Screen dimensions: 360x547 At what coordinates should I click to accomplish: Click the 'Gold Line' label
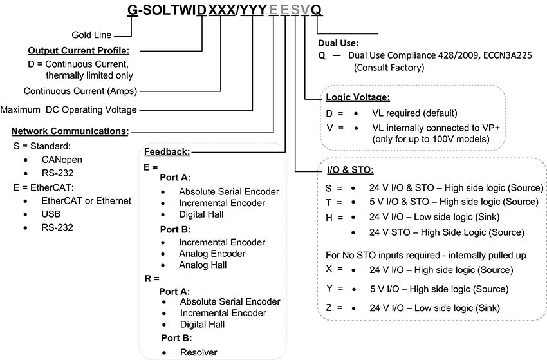click(95, 35)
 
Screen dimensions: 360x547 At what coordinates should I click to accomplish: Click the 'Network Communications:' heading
click(70, 131)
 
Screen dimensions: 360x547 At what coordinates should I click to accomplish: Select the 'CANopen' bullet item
click(62, 160)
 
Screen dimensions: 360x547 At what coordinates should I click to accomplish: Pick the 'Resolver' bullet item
click(198, 352)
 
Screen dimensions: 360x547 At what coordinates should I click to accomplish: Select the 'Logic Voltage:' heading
click(358, 97)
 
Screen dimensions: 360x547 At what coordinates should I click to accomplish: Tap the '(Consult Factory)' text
click(389, 66)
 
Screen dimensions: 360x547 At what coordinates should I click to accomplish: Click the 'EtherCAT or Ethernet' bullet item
click(86, 200)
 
